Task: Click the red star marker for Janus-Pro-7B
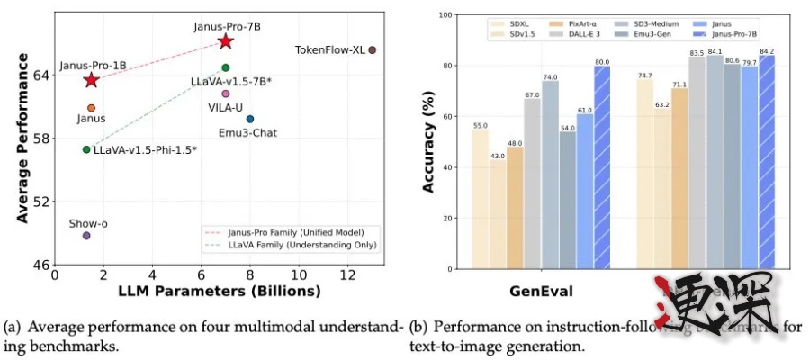[x=225, y=41]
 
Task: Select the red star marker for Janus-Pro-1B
[x=91, y=81]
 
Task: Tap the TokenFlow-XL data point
[x=372, y=50]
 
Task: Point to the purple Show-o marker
[x=86, y=235]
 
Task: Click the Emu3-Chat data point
[x=249, y=119]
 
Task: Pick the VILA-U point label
[x=225, y=107]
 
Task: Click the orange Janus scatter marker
[x=91, y=108]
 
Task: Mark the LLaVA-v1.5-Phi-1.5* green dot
[x=86, y=149]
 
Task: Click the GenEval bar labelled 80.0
[x=602, y=166]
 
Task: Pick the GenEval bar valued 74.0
[x=550, y=175]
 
